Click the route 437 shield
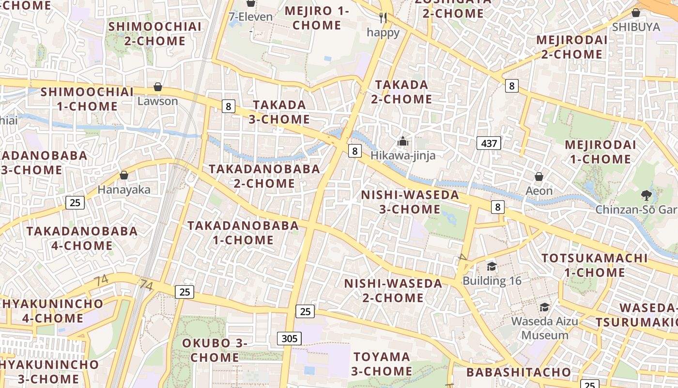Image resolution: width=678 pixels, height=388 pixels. click(x=489, y=143)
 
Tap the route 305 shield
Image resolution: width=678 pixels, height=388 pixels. click(x=289, y=339)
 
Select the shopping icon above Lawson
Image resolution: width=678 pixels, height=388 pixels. click(x=158, y=87)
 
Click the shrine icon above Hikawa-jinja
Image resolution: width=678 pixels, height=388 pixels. click(x=403, y=142)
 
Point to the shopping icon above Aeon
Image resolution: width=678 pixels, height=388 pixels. click(x=539, y=177)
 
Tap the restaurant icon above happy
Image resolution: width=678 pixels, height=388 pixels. click(x=383, y=18)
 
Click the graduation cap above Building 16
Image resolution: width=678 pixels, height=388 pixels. click(x=492, y=266)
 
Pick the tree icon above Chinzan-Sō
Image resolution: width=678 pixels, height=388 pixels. click(x=646, y=195)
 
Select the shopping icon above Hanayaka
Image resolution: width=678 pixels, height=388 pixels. click(x=124, y=175)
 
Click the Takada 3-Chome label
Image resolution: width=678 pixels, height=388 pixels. click(x=279, y=112)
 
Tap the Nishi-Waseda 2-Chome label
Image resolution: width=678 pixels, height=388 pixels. click(x=393, y=291)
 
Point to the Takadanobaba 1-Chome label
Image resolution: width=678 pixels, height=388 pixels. click(x=243, y=233)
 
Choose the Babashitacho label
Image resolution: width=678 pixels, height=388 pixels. click(x=519, y=372)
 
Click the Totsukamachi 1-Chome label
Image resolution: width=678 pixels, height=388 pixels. click(x=594, y=265)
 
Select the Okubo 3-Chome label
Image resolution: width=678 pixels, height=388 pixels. click(x=215, y=350)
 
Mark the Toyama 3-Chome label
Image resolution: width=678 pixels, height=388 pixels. click(x=382, y=364)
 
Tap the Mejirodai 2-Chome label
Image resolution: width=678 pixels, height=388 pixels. click(x=571, y=47)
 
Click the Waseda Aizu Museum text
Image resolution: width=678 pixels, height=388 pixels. click(x=545, y=328)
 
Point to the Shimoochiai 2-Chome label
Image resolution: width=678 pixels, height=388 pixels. click(x=155, y=33)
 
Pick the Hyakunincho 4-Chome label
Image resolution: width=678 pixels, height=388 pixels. click(x=52, y=311)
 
